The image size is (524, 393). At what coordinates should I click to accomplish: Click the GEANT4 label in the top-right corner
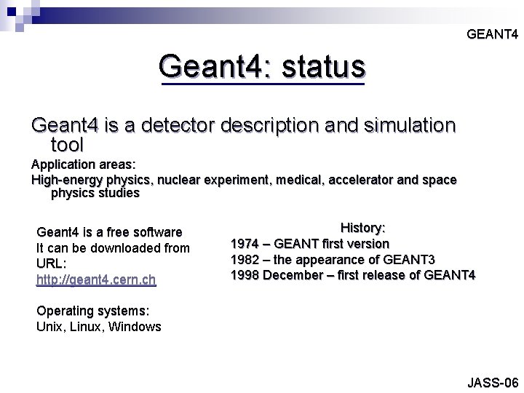(492, 34)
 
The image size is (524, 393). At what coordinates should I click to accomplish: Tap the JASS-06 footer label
(493, 383)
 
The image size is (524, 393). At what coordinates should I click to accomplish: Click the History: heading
(363, 228)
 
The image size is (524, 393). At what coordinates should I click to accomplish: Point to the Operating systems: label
(92, 311)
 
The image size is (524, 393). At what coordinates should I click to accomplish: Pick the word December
(297, 275)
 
